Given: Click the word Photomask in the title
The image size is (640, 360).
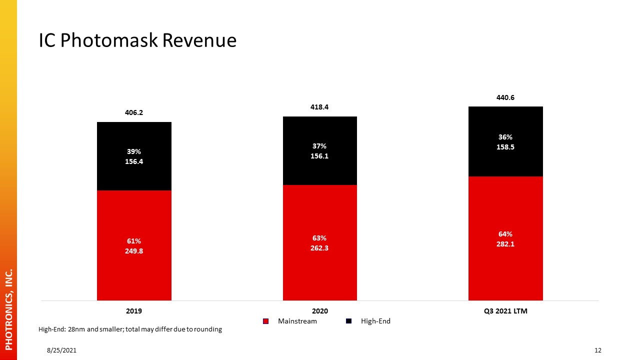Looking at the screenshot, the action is tap(109, 41).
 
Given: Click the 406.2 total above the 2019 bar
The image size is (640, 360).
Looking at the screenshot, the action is tap(134, 112).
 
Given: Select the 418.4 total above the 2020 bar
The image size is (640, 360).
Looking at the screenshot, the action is tap(319, 107).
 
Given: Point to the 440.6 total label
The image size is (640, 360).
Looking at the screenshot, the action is tap(505, 97).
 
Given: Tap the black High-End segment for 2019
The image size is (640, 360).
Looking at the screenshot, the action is tap(134, 156).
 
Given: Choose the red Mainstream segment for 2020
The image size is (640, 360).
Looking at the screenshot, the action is tap(320, 242).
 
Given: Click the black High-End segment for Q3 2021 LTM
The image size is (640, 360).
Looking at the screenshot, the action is tap(505, 141).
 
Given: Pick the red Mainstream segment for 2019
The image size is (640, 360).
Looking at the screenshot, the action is tap(134, 245).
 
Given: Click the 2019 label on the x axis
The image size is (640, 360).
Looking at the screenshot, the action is tap(134, 311).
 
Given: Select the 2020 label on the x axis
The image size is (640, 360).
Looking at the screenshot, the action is tap(320, 311).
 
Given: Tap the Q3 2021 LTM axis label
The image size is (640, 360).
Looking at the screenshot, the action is tap(505, 311).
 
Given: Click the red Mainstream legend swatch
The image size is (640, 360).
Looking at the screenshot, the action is tap(265, 321).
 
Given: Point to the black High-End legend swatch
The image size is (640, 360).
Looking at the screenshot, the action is tap(348, 321).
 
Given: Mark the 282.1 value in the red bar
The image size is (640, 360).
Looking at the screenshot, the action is tap(505, 244).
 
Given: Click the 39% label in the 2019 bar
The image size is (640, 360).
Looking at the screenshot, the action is tap(134, 151).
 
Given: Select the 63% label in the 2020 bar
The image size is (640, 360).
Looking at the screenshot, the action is tap(319, 238).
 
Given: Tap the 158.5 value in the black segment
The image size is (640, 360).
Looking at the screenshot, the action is tap(505, 147).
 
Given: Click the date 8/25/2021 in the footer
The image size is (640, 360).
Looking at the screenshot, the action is tap(61, 350).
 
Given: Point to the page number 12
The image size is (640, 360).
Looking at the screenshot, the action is tap(597, 350).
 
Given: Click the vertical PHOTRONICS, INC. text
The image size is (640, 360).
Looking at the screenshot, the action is tap(9, 309).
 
